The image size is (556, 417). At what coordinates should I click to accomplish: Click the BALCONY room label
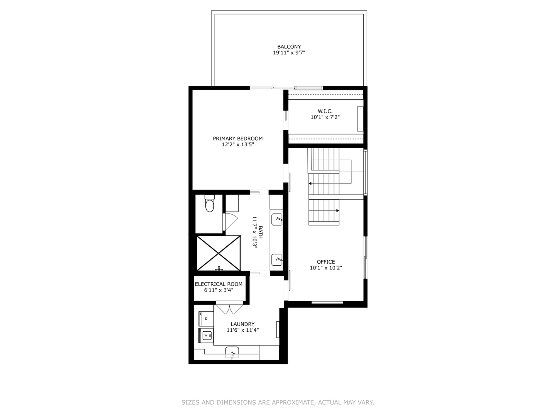point(289,47)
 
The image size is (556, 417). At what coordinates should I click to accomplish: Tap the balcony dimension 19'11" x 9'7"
point(289,53)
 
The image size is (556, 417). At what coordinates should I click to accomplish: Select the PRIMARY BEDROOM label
point(237,139)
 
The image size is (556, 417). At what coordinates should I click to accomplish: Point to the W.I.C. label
point(325,111)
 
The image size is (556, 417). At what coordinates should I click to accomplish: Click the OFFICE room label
point(326,262)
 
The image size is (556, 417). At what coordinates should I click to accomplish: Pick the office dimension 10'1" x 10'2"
point(326,268)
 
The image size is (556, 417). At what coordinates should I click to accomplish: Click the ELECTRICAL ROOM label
point(219,284)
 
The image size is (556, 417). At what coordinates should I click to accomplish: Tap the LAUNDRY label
point(242,324)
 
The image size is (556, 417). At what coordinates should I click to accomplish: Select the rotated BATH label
point(261,232)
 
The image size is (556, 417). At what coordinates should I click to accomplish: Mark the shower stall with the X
point(219,253)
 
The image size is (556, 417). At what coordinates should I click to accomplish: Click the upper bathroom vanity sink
point(277,219)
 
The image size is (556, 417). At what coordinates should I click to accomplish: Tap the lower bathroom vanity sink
point(277,259)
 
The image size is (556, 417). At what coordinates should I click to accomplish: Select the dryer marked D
point(206,319)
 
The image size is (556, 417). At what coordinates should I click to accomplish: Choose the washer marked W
point(206,335)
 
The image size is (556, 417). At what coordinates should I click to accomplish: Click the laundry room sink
point(232,353)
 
